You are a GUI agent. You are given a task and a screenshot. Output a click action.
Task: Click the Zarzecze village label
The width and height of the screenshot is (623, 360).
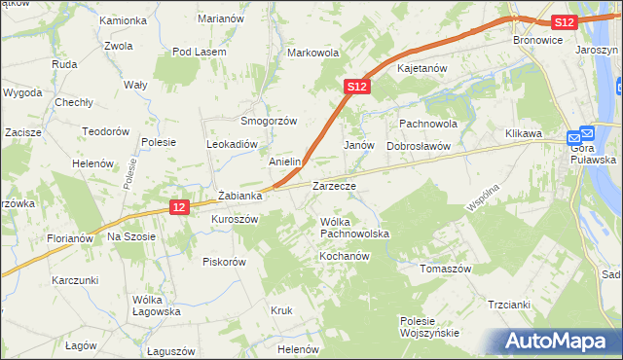333,185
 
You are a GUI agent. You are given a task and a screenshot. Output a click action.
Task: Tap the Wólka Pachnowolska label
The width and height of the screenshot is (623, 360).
354,228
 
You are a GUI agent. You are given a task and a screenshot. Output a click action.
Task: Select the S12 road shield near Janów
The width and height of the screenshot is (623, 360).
357,87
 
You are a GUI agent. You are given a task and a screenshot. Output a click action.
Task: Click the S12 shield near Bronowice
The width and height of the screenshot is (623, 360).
563,21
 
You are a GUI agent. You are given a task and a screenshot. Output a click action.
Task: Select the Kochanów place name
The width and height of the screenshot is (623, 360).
340,255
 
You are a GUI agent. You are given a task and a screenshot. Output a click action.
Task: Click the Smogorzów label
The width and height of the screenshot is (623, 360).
269,121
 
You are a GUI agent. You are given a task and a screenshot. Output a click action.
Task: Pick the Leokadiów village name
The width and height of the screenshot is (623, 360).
231,143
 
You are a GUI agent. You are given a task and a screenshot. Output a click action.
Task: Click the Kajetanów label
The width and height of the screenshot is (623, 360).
421,69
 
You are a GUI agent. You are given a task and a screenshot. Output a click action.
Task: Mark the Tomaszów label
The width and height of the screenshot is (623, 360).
445,269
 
